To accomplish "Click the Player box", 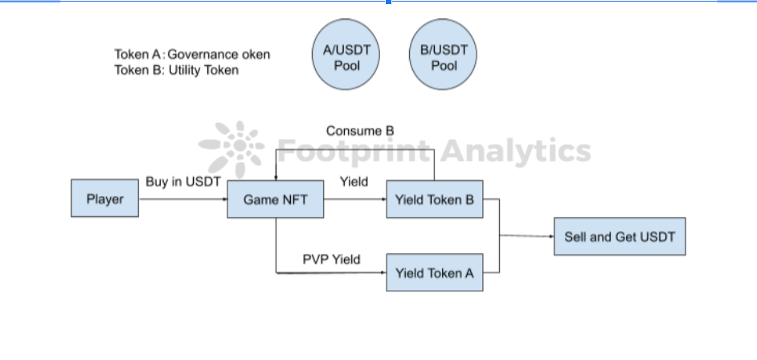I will tap(104, 198).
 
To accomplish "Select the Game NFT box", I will tap(276, 198).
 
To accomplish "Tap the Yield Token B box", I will tap(435, 198).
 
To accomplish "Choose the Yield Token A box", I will tap(435, 273).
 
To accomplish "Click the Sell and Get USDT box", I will tap(620, 236).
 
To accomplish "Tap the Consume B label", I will tap(360, 130).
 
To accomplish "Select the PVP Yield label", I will tap(331, 259).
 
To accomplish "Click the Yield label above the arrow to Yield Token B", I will tap(354, 182).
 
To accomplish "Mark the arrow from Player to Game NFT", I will tap(183, 198).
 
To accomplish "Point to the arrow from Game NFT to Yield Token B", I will tap(354, 198).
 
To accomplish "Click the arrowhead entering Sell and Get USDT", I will tap(550, 236).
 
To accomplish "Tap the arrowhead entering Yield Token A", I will tap(383, 273).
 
